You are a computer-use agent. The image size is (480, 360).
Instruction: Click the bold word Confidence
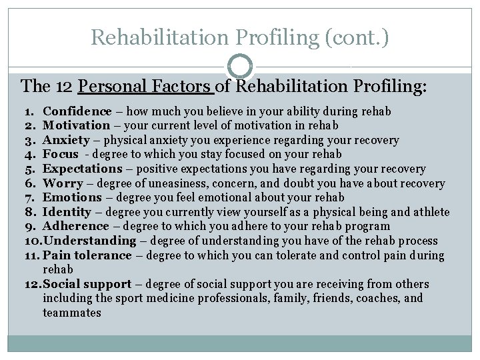[x=77, y=111]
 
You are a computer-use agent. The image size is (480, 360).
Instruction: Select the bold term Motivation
[x=76, y=125]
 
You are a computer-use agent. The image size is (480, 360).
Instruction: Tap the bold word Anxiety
[x=66, y=140]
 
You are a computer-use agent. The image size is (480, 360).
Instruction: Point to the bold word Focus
[x=61, y=155]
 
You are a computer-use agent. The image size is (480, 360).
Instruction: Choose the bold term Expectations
[x=83, y=169]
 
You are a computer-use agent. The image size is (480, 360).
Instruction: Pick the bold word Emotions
[x=72, y=198]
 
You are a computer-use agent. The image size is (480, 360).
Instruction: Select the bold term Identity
[x=67, y=212]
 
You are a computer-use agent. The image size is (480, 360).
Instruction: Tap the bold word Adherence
[x=75, y=227]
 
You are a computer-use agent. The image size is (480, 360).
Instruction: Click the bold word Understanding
[x=89, y=241]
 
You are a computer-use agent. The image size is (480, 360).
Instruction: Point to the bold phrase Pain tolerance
[x=87, y=255]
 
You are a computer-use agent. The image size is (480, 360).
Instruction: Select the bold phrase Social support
[x=87, y=284]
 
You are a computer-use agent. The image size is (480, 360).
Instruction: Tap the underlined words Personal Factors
[x=145, y=87]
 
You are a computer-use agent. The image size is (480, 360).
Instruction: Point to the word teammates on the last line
[x=72, y=313]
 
